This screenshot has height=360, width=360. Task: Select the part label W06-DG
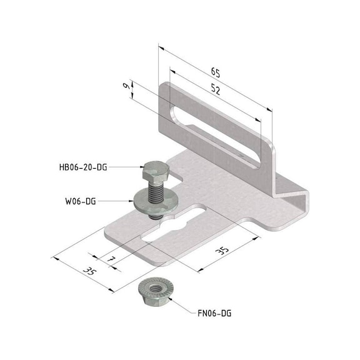(79, 201)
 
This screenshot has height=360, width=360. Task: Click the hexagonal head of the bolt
(154, 169)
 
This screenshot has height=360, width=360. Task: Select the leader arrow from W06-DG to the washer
(119, 201)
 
